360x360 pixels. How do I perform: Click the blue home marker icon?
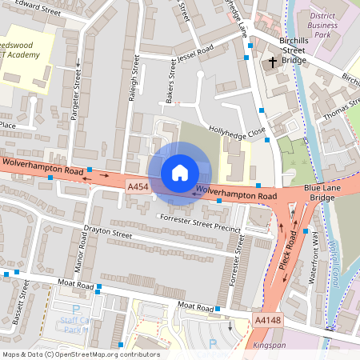180,173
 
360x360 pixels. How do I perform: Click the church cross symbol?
273,62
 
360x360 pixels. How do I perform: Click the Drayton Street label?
107,234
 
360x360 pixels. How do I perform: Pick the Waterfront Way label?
314,258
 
